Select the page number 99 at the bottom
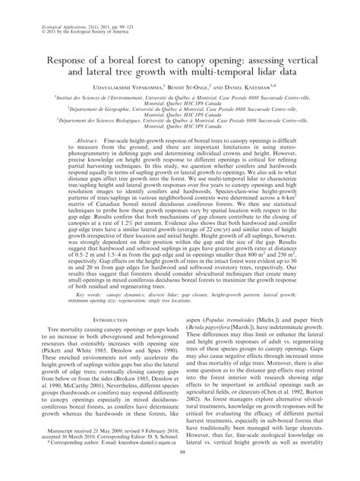[x=179, y=474]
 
